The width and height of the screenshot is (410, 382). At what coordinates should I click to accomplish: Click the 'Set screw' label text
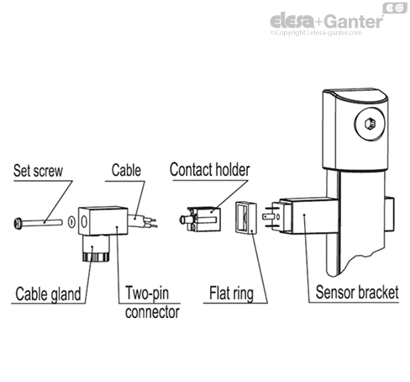(38, 171)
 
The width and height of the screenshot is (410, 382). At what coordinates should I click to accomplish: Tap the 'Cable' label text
(126, 170)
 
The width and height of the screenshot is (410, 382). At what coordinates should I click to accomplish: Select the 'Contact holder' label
(210, 169)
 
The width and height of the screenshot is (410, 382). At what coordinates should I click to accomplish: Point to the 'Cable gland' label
(48, 294)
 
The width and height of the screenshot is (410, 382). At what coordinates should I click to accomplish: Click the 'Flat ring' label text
(231, 293)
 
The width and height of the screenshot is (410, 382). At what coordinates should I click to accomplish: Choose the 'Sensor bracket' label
(357, 292)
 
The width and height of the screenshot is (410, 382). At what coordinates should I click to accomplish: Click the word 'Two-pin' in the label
(147, 293)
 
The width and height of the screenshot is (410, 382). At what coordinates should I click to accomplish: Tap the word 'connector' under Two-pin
(152, 312)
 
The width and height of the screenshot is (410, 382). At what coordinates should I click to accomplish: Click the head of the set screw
(18, 224)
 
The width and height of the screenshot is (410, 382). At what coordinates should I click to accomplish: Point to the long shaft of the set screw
(42, 223)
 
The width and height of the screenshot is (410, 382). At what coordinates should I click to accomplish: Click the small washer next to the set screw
(71, 222)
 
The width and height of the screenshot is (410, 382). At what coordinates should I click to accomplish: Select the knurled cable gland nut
(95, 257)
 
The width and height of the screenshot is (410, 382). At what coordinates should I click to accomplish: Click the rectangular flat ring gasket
(246, 217)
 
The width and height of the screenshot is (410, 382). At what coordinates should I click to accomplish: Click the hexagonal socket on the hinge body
(370, 124)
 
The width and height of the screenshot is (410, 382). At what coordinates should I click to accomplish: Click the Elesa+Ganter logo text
(326, 21)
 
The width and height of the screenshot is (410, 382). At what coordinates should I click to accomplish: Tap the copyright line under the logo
(316, 33)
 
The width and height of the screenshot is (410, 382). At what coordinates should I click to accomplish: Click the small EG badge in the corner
(395, 8)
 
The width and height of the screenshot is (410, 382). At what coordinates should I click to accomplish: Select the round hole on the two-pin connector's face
(84, 222)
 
